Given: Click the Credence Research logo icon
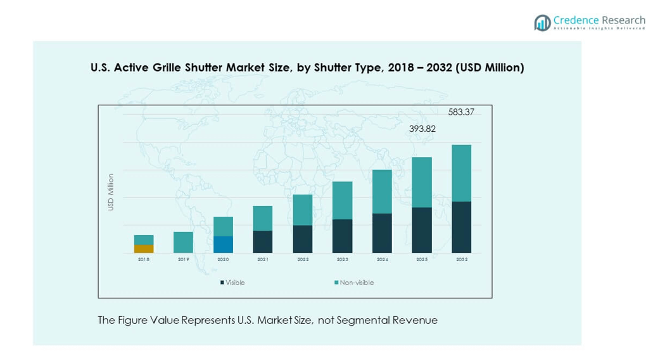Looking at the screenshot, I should pyautogui.click(x=542, y=23).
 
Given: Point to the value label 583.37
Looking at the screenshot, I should pyautogui.click(x=460, y=112).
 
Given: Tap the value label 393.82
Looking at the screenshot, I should pyautogui.click(x=421, y=129).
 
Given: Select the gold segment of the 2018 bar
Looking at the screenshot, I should pyautogui.click(x=144, y=248).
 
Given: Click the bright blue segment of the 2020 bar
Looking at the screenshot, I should pyautogui.click(x=223, y=245).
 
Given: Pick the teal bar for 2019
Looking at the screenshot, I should pyautogui.click(x=183, y=242).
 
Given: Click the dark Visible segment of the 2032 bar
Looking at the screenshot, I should pyautogui.click(x=461, y=227).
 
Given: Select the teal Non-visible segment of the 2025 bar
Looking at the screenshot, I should pyautogui.click(x=422, y=182).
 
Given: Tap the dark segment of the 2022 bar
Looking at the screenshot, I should pyautogui.click(x=303, y=239).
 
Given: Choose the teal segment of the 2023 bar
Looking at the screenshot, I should pyautogui.click(x=342, y=200).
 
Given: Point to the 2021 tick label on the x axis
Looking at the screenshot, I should pyautogui.click(x=262, y=260).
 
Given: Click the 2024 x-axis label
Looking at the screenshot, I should pyautogui.click(x=382, y=260).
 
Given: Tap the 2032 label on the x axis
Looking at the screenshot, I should pyautogui.click(x=461, y=260).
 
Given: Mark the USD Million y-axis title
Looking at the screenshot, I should pyautogui.click(x=111, y=192).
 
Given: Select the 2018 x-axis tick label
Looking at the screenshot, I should pyautogui.click(x=144, y=260).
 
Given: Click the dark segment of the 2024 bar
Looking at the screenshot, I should pyautogui.click(x=382, y=233).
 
